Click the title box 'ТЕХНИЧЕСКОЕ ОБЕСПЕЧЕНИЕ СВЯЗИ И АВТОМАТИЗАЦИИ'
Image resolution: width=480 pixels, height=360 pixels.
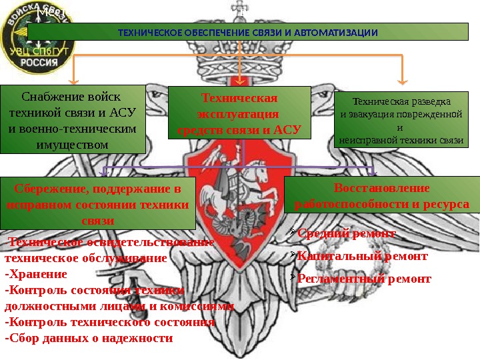pos(248,33)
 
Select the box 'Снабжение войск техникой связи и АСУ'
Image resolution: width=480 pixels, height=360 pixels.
pos(73,119)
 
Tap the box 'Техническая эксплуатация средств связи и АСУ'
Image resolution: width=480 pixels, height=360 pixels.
pos(239,114)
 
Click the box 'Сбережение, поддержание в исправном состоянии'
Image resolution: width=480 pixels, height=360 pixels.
pos(98,203)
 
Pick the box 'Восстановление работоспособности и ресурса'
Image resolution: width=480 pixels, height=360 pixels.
pos(381,195)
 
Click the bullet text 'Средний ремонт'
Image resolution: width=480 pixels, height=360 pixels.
pos(346,233)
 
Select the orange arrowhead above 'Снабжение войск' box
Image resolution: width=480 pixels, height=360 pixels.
pos(74,81)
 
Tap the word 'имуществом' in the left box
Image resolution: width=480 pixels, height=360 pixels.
pos(73,143)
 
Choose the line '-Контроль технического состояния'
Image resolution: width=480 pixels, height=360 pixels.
pos(109,322)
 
